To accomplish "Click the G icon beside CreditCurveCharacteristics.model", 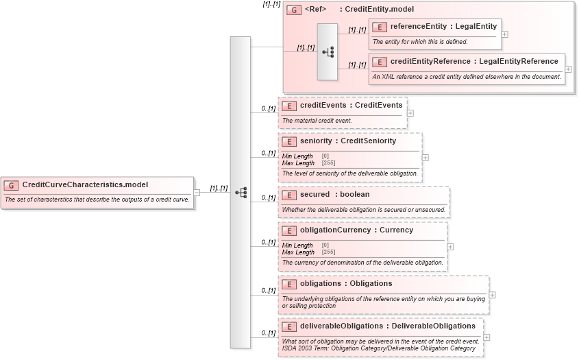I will [x=12, y=185].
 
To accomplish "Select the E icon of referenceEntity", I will [x=379, y=27].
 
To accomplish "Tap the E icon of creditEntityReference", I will [x=379, y=62].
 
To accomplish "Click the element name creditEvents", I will [x=323, y=106].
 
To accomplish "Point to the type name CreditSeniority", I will [x=369, y=141].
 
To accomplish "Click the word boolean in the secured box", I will [x=354, y=195].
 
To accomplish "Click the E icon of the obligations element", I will [x=289, y=284].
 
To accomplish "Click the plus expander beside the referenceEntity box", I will [x=505, y=33].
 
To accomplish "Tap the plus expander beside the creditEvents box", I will [x=410, y=112].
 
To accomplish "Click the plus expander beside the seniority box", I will [x=426, y=157].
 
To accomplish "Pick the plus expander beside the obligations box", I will [x=493, y=295].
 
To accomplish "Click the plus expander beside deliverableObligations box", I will [x=487, y=337].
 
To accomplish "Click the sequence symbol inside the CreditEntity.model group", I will [x=328, y=51].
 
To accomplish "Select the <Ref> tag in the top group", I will [x=315, y=10].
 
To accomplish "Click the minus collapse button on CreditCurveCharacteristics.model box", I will [x=197, y=193].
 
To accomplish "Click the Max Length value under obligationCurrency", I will [x=328, y=252].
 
